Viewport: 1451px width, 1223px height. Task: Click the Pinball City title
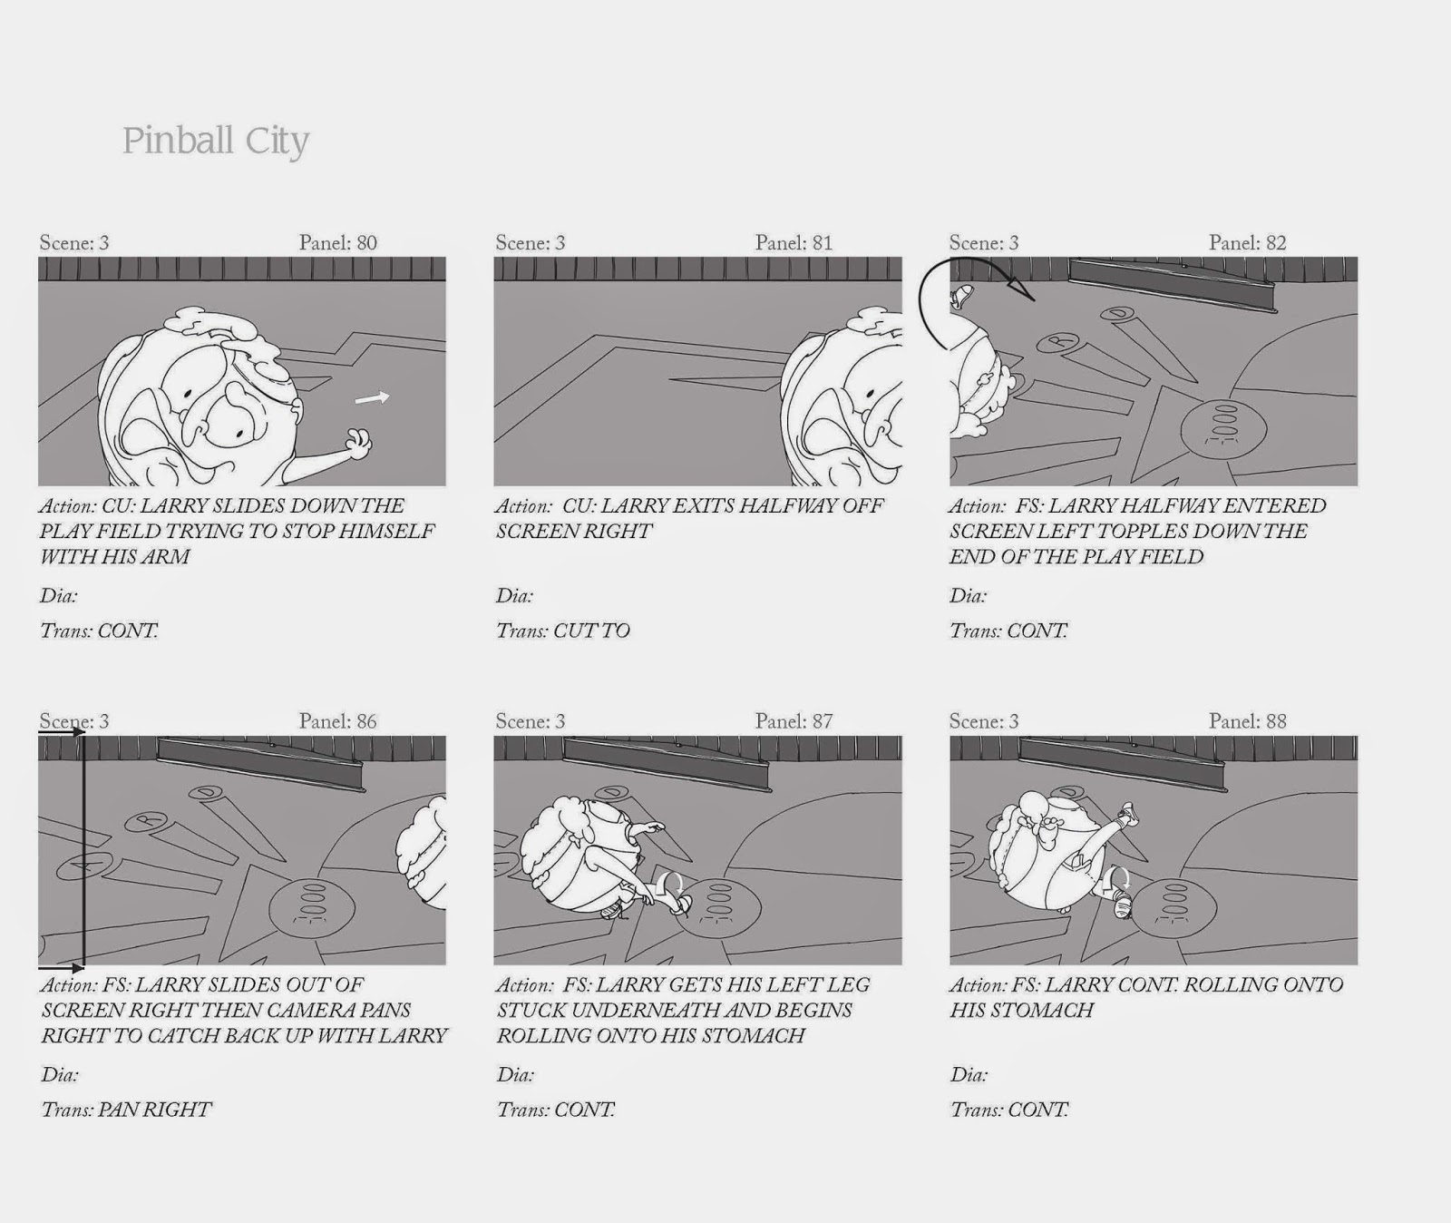point(216,142)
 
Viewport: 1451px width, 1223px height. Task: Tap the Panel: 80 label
point(337,242)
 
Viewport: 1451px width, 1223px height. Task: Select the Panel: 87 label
point(794,721)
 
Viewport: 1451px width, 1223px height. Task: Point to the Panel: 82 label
point(1247,242)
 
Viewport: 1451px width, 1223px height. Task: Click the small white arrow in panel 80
point(372,397)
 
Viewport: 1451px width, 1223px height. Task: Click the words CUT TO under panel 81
point(591,631)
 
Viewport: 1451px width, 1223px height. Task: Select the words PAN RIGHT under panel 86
point(154,1110)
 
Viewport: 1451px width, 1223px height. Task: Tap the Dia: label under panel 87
point(515,1075)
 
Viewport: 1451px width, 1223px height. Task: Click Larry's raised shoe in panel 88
point(1128,814)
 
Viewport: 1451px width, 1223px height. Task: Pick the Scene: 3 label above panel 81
point(531,242)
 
